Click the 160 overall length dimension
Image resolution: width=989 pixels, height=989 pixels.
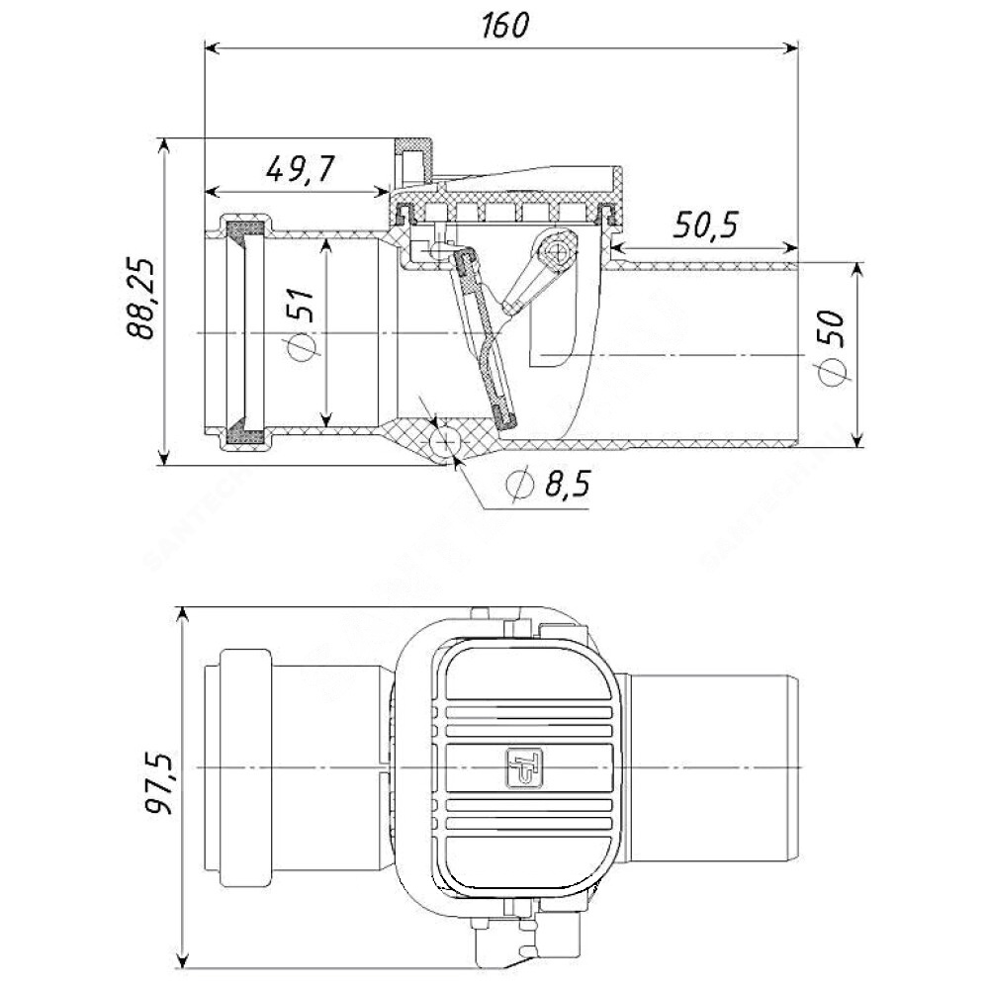point(504,26)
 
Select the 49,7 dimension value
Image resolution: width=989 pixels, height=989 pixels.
point(300,168)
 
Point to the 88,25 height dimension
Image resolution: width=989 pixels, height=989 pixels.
point(140,299)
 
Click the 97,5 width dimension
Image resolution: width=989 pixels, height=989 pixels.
point(158,782)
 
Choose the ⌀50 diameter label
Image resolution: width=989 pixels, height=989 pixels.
point(832,347)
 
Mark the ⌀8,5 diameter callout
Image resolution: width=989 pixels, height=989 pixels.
point(548,485)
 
